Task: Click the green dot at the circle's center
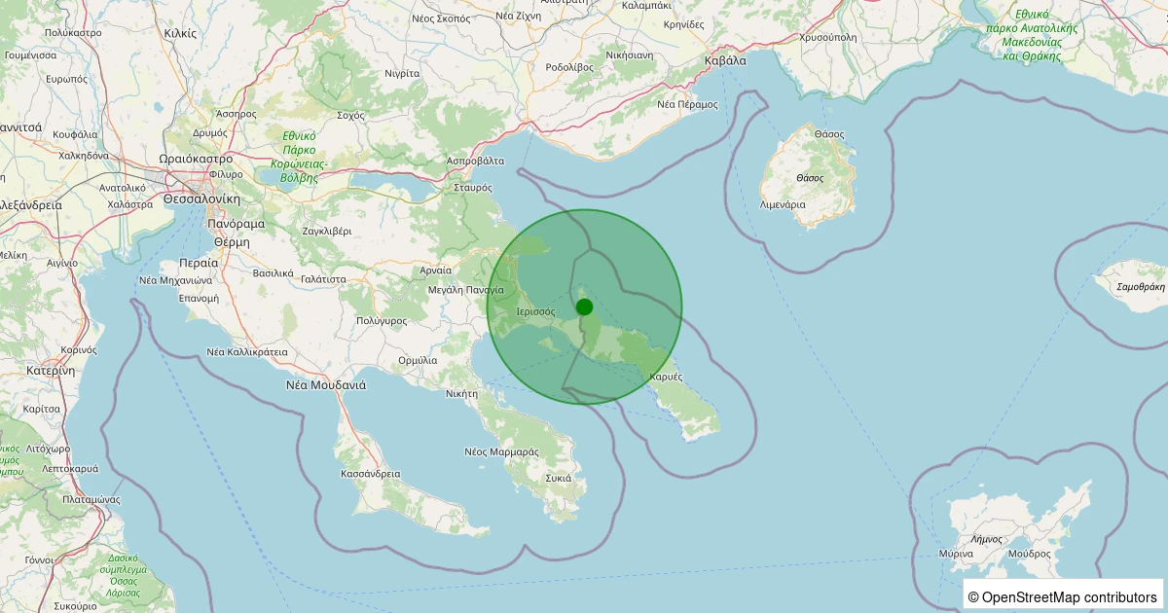point(584,306)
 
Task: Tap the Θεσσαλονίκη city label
point(201,198)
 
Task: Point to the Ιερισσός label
point(534,312)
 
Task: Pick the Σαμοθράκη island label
point(1128,287)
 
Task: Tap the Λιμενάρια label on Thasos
point(783,205)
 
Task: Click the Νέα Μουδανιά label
point(325,384)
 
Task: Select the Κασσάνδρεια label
point(371,474)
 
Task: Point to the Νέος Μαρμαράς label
point(501,451)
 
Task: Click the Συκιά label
point(558,478)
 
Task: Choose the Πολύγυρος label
point(381,320)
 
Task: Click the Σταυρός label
point(473,187)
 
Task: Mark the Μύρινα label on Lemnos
point(956,553)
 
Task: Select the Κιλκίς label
point(180,32)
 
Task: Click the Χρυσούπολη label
point(827,37)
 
